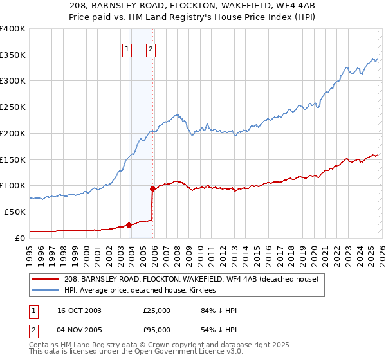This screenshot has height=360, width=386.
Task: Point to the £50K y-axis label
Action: tap(15, 212)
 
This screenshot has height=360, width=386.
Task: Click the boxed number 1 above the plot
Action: tap(127, 48)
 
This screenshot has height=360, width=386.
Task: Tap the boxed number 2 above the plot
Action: tap(151, 48)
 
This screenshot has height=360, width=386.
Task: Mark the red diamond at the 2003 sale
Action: tap(129, 225)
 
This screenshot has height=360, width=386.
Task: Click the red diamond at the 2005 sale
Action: tap(152, 188)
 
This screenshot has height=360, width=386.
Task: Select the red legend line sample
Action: tap(46, 279)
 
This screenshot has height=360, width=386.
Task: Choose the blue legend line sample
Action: tap(46, 291)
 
